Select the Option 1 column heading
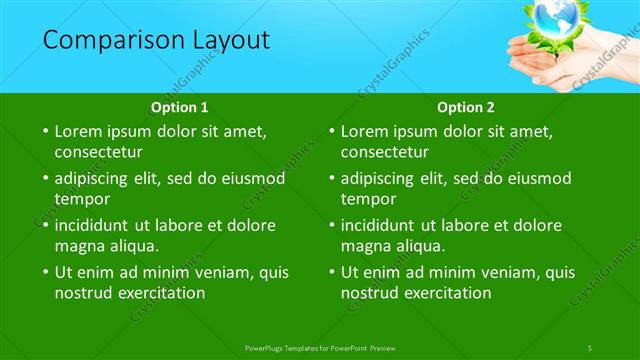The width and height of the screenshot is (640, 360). click(x=180, y=107)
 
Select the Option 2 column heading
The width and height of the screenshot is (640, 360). click(x=466, y=107)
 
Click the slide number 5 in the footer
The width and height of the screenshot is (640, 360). click(x=590, y=347)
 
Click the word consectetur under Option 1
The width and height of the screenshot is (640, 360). click(x=99, y=153)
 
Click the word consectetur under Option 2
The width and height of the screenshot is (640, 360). click(x=385, y=153)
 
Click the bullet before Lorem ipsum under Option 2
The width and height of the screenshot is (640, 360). click(x=331, y=131)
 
